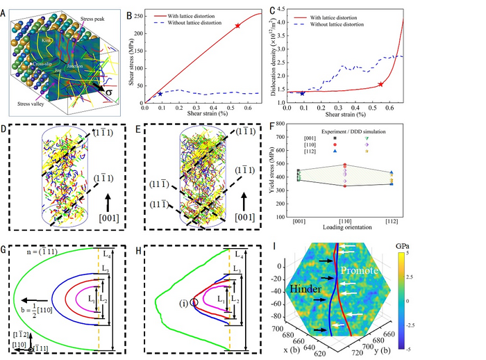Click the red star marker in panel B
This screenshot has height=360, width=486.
[x=237, y=26]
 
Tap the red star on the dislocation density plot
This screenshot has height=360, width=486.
[x=380, y=84]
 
